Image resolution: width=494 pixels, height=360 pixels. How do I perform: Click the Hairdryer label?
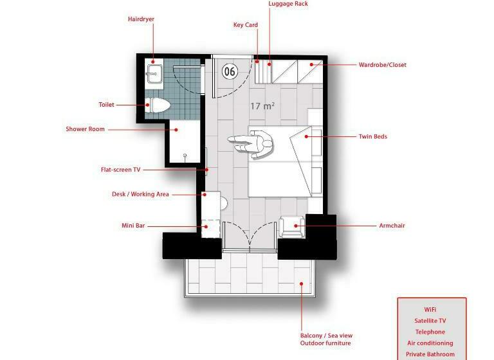[x=141, y=19]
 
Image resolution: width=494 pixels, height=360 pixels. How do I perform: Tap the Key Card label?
[x=246, y=25]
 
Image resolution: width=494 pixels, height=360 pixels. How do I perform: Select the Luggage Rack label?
[x=288, y=4]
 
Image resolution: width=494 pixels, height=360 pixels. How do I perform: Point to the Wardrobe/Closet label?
[x=383, y=65]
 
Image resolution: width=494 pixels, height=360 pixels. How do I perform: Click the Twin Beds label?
[x=372, y=137]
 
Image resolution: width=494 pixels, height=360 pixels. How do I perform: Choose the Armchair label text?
[x=392, y=226]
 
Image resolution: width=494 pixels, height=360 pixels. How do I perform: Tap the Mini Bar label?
[x=133, y=226]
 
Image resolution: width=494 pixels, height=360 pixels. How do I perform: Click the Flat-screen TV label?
[x=121, y=170]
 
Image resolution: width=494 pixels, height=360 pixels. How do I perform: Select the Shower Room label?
[x=85, y=129]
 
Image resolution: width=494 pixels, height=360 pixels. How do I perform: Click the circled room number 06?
[x=230, y=71]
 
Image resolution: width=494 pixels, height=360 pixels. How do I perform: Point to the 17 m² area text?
[x=262, y=106]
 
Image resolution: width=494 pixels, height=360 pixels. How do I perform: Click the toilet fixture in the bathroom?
[x=158, y=105]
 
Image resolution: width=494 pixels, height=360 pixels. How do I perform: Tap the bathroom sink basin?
[x=154, y=74]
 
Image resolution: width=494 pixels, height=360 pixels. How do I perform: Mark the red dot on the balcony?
[x=302, y=283]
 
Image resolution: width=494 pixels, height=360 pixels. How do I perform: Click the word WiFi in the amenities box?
[x=430, y=310]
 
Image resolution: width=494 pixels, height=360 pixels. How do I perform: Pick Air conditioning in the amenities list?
[x=430, y=343]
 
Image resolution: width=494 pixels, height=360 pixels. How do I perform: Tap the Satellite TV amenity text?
[x=430, y=321]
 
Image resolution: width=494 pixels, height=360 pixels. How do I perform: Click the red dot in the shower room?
[x=176, y=130]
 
